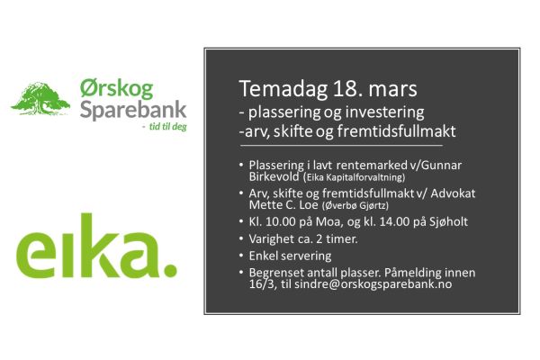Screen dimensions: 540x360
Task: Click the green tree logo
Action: point(40,98)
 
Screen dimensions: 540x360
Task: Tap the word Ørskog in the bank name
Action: point(117,88)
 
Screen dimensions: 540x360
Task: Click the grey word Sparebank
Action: point(133,111)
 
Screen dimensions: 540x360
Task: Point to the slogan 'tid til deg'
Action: point(167,126)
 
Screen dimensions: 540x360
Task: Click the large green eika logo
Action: point(96,246)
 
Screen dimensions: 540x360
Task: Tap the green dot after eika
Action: point(170,270)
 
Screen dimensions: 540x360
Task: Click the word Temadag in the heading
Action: point(283,89)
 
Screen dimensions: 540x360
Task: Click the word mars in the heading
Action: point(393,90)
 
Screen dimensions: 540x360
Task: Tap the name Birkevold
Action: point(274,176)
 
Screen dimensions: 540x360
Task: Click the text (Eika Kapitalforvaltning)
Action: point(355,177)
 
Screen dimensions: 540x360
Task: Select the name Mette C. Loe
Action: point(283,205)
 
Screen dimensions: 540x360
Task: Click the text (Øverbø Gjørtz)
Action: point(355,206)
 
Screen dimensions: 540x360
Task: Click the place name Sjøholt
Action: point(448,222)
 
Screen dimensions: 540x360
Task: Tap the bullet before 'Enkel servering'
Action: point(241,256)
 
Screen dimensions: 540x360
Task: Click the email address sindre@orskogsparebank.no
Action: point(373,284)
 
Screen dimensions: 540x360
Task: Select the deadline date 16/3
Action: point(263,284)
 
